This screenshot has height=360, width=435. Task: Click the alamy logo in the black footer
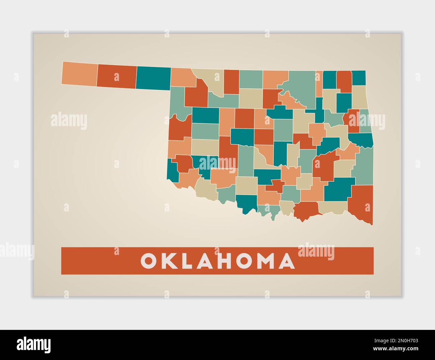tap(34, 345)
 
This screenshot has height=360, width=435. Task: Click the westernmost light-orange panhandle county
tap(79, 73)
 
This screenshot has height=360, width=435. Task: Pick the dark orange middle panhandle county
tap(116, 77)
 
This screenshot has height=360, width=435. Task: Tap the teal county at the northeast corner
tap(359, 78)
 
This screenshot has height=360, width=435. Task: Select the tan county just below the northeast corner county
tap(359, 97)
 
